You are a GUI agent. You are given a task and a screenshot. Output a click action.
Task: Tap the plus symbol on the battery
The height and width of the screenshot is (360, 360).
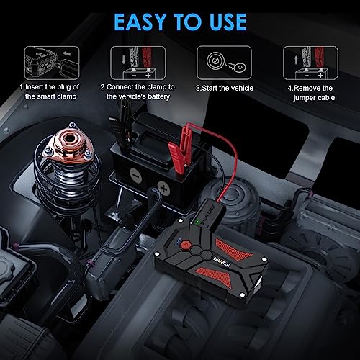click(164, 189)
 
